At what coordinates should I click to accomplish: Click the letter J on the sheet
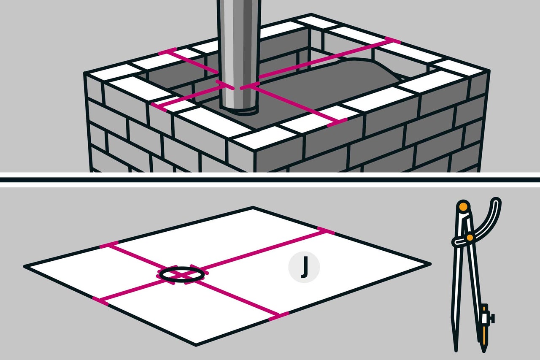point(305,267)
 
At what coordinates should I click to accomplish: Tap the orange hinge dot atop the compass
point(463,207)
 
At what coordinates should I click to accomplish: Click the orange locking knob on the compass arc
point(470,238)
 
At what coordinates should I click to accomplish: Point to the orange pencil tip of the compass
point(484,342)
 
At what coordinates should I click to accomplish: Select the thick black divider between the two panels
point(270,180)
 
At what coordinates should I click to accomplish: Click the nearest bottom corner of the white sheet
point(196,345)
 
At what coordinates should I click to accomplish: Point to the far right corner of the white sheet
point(430,264)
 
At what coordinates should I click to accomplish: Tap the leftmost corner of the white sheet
point(25,266)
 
